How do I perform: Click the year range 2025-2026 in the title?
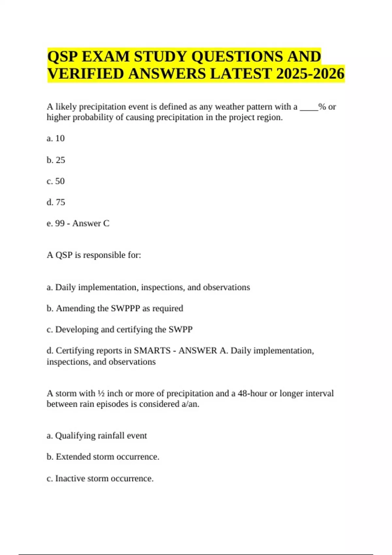click(310, 74)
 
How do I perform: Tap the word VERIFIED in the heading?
click(86, 74)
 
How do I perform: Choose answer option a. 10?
click(56, 138)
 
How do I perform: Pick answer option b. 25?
click(56, 160)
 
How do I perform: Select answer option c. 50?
click(56, 181)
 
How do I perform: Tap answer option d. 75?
click(56, 202)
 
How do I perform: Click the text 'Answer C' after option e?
click(91, 223)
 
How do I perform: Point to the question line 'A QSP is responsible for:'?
click(94, 255)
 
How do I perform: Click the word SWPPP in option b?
click(125, 309)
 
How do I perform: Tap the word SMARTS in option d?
click(152, 351)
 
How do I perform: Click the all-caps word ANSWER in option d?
click(198, 351)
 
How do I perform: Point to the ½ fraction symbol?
click(101, 393)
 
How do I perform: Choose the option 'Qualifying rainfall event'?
click(101, 436)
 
